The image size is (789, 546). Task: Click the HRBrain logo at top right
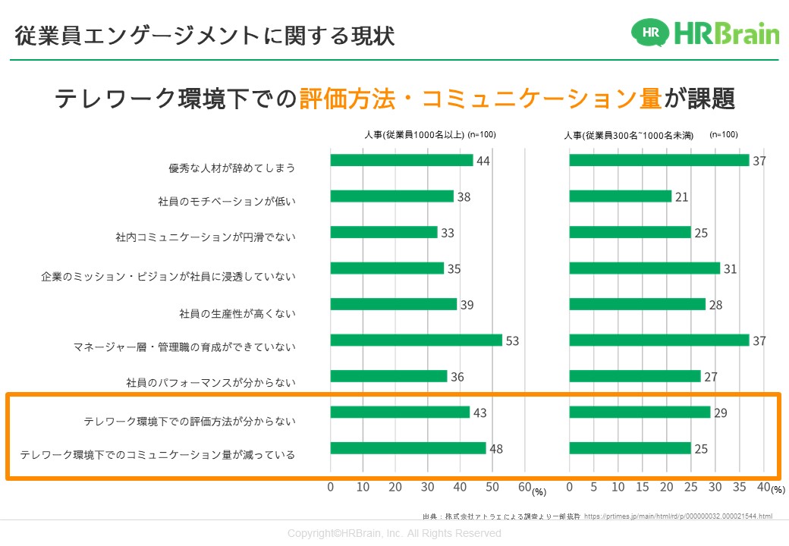pos(705,33)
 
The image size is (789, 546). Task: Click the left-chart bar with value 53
pos(416,340)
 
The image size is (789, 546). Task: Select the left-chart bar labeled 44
pos(401,161)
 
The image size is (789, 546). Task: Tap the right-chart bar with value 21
pos(620,196)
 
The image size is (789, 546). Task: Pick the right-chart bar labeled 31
pos(644,268)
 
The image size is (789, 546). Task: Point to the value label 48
pos(496,449)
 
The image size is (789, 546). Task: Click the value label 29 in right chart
pos(721,413)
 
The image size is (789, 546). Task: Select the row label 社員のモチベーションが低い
pos(226,202)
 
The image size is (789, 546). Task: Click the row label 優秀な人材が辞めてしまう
pos(231,168)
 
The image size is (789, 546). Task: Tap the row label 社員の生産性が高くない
pos(237,313)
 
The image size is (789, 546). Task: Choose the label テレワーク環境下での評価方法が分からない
pos(189,421)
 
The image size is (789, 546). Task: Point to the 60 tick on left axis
pos(523,487)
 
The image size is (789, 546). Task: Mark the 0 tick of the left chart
pos(331,487)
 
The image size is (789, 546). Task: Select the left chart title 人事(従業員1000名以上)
pos(413,135)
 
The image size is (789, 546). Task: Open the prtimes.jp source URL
pos(679,516)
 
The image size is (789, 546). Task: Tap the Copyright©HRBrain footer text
pos(394,534)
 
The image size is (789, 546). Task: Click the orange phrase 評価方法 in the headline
pos(355,99)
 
